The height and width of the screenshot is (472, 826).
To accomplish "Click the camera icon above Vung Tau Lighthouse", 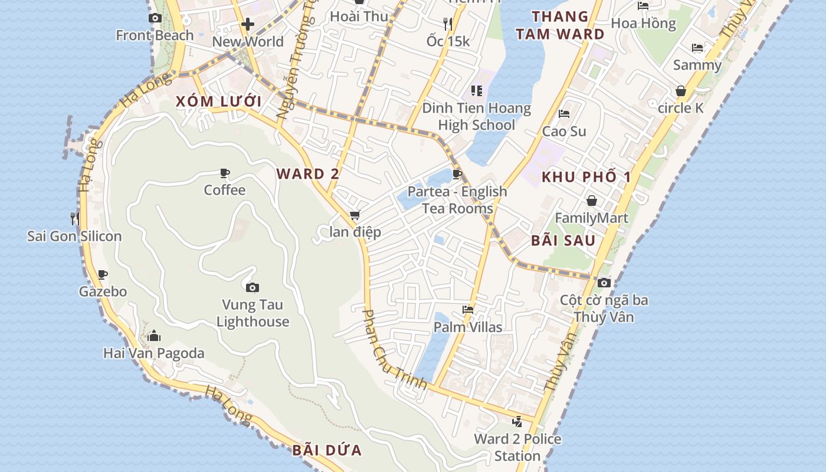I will point(253,287).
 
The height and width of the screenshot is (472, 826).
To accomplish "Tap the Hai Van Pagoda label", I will point(154,353).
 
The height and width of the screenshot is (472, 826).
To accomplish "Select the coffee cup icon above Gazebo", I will point(103,274).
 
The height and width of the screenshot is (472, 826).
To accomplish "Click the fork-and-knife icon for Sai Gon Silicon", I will point(74,219).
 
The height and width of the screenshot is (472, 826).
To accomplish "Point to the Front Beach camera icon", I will point(155,18).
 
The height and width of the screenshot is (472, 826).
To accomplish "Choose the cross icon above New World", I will point(248,24).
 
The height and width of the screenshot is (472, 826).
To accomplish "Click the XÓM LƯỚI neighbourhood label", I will point(218,101).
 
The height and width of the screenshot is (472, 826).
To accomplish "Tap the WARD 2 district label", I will point(308,174).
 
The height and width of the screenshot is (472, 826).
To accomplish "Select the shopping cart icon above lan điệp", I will point(355,215).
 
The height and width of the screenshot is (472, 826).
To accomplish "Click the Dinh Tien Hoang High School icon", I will point(477,91).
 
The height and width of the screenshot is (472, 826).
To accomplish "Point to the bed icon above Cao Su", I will point(564,114).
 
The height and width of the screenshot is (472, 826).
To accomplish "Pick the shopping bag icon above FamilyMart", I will point(591,201).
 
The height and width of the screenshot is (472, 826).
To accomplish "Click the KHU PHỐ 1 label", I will point(586,177).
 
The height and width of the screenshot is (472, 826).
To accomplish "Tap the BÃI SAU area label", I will point(563,241).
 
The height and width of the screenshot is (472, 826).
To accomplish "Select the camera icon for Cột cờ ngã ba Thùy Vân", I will point(604,283).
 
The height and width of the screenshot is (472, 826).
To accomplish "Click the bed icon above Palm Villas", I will point(468,309).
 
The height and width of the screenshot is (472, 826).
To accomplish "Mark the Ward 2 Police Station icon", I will point(517,421).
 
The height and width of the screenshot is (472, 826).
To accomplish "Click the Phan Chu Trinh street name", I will point(394,350).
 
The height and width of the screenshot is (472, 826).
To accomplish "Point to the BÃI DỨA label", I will point(327,451).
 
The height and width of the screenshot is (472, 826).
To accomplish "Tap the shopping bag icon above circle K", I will point(681,91).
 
